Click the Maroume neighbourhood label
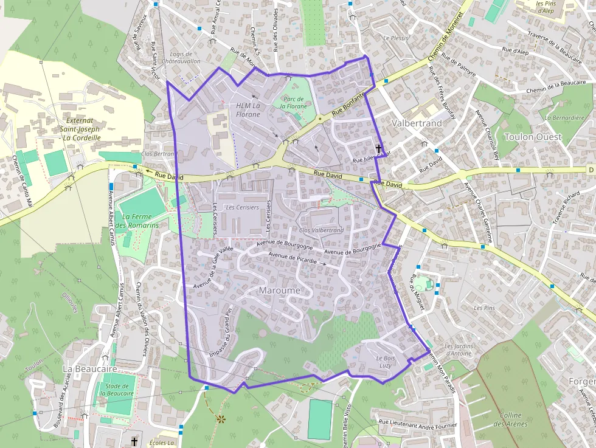(279, 291)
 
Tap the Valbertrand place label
(417, 123)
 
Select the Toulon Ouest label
(533, 137)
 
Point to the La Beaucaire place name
(89, 369)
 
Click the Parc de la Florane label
(293, 102)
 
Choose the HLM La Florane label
(248, 110)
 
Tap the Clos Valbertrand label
(321, 230)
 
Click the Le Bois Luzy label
(386, 362)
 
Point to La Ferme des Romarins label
(137, 221)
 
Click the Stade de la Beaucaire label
(117, 389)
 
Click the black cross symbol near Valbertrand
(378, 148)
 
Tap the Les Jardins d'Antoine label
(458, 350)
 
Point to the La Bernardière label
(565, 118)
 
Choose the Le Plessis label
(396, 38)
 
